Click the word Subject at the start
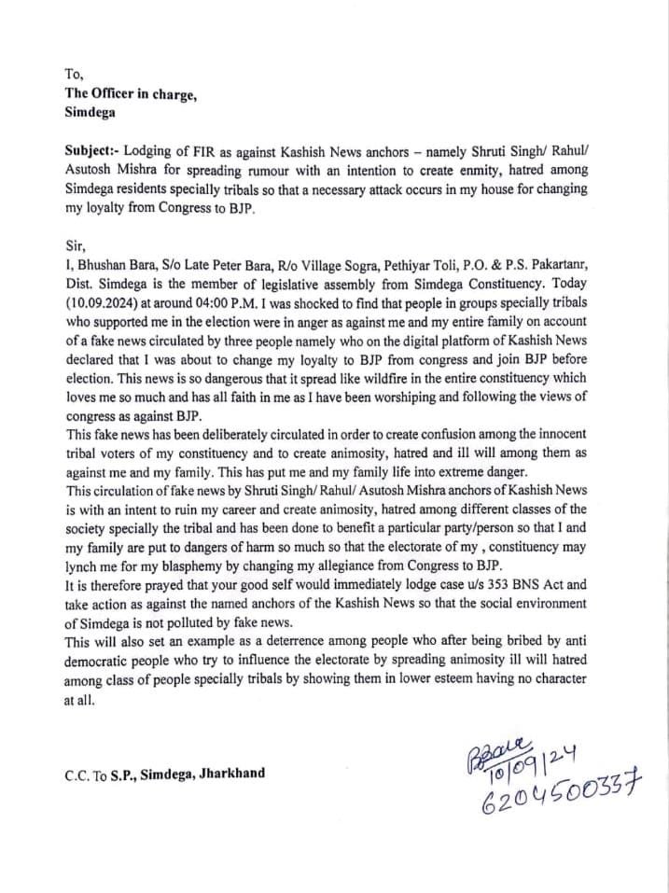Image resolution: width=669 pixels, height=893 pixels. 92,150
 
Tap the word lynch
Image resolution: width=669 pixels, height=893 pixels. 83,566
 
